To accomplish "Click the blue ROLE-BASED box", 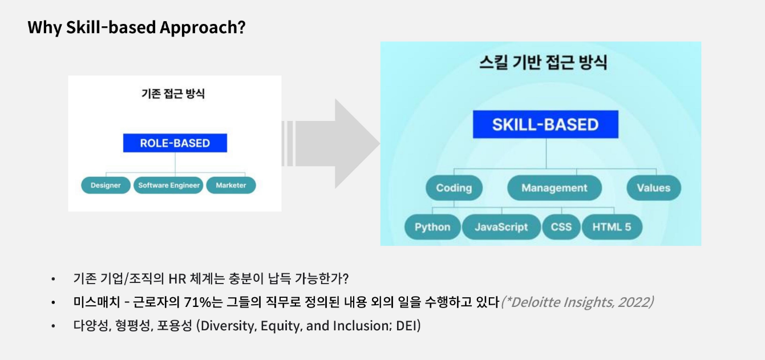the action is (175, 143).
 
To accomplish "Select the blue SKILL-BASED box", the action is (545, 124).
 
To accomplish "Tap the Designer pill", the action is (106, 185).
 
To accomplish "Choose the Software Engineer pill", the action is (169, 185).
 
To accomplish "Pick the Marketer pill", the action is (231, 185).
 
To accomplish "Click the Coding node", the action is (454, 188).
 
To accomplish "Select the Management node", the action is (554, 188).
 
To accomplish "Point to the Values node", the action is (654, 188).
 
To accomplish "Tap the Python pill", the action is (432, 227).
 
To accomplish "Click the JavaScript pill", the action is (501, 227).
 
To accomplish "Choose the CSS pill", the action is (561, 227).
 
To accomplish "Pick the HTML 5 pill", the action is (612, 227).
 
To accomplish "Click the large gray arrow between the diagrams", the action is (331, 143).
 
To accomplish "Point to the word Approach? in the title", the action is (203, 27).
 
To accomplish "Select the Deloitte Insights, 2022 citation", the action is (577, 302).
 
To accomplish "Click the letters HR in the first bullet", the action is (177, 279).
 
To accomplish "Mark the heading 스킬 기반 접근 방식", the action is (543, 63).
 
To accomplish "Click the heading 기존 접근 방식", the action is (173, 94).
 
